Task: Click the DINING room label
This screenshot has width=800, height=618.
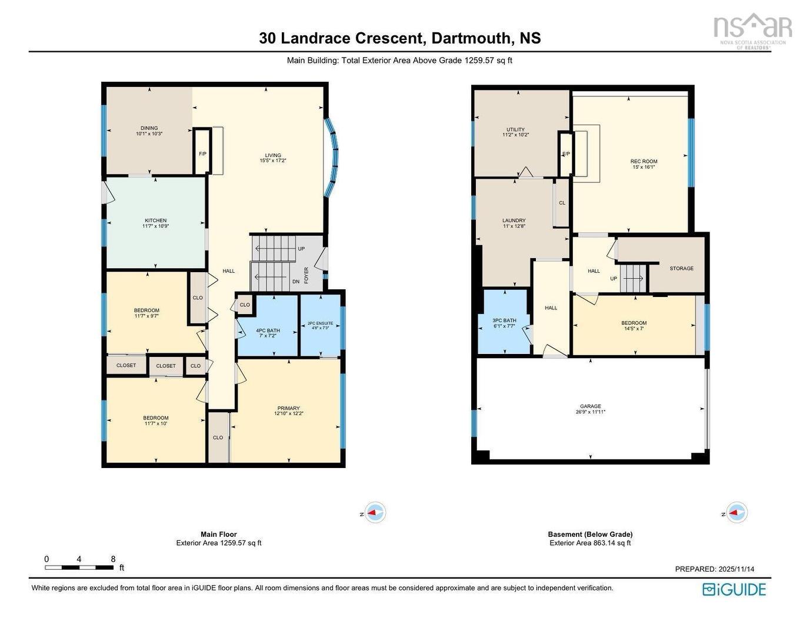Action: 149,128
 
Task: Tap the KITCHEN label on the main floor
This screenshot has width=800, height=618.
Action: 155,221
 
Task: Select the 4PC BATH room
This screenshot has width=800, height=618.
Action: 268,330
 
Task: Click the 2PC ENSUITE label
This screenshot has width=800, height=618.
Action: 321,323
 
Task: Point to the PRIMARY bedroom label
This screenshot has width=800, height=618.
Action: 288,408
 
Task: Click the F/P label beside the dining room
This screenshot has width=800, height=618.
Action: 202,154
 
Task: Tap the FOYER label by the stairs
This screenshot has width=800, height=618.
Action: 306,275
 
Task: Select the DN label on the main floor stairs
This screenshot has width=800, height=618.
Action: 296,282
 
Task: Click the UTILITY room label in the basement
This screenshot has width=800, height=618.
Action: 515,130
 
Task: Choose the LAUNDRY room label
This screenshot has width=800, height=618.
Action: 514,221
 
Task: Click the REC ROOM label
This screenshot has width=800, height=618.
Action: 644,161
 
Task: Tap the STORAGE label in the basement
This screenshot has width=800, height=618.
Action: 681,268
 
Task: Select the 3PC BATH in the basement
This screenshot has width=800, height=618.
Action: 504,320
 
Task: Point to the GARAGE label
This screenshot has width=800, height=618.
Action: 591,406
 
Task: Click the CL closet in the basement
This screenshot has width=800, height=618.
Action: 562,203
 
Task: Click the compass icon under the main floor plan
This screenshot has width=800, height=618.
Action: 375,513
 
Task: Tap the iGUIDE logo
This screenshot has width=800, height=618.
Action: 734,589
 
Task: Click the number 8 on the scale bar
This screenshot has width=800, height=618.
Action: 113,559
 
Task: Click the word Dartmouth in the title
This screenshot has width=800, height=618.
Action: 471,38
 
